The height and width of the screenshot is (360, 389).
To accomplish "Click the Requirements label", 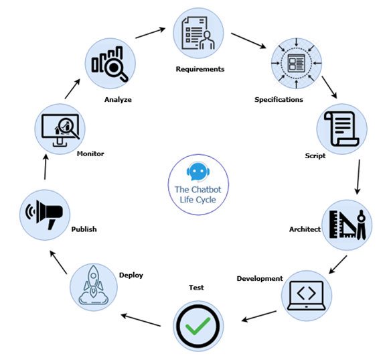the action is click(x=200, y=69).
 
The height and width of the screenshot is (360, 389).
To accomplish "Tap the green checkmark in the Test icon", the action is click(x=198, y=326).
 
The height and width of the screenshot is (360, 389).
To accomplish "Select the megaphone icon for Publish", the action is click(x=44, y=215).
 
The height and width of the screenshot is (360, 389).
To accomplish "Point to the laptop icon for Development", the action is click(x=307, y=296).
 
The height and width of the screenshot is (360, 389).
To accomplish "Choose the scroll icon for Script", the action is click(x=341, y=129).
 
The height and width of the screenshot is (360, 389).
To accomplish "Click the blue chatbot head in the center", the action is click(x=198, y=171).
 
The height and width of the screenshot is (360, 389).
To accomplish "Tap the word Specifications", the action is click(x=279, y=100).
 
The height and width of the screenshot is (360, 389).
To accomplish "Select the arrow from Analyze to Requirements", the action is click(x=151, y=33).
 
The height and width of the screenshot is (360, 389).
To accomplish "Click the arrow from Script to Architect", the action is click(x=358, y=177).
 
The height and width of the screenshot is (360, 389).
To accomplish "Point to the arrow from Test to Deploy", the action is click(x=141, y=320).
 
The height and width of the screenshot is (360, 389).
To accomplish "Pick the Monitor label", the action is click(x=90, y=154).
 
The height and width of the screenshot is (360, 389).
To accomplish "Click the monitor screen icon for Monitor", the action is click(x=60, y=129).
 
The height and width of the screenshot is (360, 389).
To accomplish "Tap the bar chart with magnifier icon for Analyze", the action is click(x=110, y=64).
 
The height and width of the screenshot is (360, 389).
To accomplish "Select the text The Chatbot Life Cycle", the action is click(x=198, y=194).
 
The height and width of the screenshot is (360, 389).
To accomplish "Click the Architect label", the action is click(x=305, y=229).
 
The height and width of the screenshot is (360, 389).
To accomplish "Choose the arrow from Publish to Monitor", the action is click(x=46, y=167).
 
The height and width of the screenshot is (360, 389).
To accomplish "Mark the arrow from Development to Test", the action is click(x=259, y=316).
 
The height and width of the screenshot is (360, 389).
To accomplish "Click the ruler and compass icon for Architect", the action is click(x=347, y=225).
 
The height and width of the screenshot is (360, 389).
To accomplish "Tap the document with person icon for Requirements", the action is click(x=198, y=33).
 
